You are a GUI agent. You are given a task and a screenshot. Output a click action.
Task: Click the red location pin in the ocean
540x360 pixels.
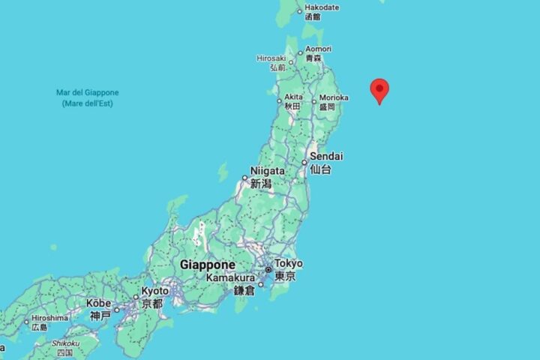[x=380, y=90]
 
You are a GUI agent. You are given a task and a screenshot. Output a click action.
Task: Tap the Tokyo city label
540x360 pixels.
[x=288, y=263]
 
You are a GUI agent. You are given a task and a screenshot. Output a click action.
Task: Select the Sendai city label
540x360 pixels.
[x=326, y=156]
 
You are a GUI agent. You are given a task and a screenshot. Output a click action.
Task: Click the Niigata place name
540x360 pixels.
[x=267, y=171]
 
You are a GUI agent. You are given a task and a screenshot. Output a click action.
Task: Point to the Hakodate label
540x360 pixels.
[x=322, y=7]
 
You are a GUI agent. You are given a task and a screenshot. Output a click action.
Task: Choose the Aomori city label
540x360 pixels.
[x=317, y=49]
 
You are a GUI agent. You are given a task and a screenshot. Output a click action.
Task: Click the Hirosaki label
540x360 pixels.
[x=271, y=58]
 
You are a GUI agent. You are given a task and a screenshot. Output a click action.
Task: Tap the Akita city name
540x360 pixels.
[x=293, y=97]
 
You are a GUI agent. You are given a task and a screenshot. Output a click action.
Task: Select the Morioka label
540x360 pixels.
[x=333, y=97]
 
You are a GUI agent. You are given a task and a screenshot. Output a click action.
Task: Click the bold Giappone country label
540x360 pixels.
[x=207, y=265]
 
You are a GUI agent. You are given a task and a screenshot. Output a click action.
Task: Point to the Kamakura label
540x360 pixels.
[x=230, y=278]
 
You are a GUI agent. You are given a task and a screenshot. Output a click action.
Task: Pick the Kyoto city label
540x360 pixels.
[x=156, y=290]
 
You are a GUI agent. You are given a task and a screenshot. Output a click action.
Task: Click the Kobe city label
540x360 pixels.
[x=99, y=303]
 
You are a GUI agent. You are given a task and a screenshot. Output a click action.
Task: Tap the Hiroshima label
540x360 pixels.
[x=50, y=318]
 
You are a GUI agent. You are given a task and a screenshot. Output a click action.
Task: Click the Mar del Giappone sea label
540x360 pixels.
[x=87, y=93]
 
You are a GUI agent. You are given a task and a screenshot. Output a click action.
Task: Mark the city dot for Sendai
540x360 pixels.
[x=304, y=163]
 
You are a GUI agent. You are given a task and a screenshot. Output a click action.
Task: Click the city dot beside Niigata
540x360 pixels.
[x=244, y=178]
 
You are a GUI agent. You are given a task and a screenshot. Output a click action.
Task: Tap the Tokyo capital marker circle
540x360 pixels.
[x=268, y=269]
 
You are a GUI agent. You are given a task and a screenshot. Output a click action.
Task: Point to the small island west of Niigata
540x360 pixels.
[x=223, y=172]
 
